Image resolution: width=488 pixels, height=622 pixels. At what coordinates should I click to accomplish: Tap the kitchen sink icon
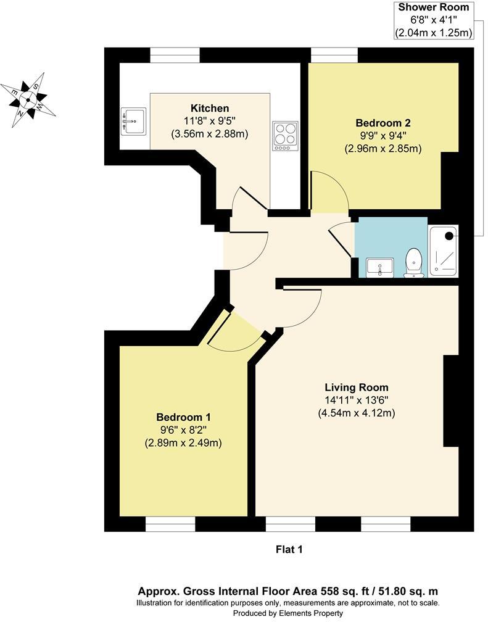[134, 121]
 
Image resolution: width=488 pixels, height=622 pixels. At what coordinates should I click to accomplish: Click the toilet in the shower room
[413, 262]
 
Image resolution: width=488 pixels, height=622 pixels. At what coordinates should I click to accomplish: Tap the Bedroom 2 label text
[383, 122]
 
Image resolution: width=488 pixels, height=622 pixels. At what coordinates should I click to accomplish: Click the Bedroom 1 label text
[183, 417]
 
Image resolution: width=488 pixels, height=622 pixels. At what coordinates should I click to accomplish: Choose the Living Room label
[356, 388]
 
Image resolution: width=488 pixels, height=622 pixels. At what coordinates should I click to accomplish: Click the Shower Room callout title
[434, 7]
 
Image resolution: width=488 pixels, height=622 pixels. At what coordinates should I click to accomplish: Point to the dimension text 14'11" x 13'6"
[356, 400]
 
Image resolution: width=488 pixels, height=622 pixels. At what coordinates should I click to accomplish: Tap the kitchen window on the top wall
[175, 55]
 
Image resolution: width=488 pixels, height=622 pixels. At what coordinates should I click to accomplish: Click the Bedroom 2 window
[334, 55]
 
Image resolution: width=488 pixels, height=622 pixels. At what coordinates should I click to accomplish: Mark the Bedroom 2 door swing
[328, 193]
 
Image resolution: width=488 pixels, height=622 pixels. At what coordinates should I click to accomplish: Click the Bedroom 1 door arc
[234, 336]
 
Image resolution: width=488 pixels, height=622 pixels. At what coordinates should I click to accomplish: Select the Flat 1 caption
[289, 548]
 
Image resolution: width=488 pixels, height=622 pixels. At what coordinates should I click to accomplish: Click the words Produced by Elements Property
[288, 613]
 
